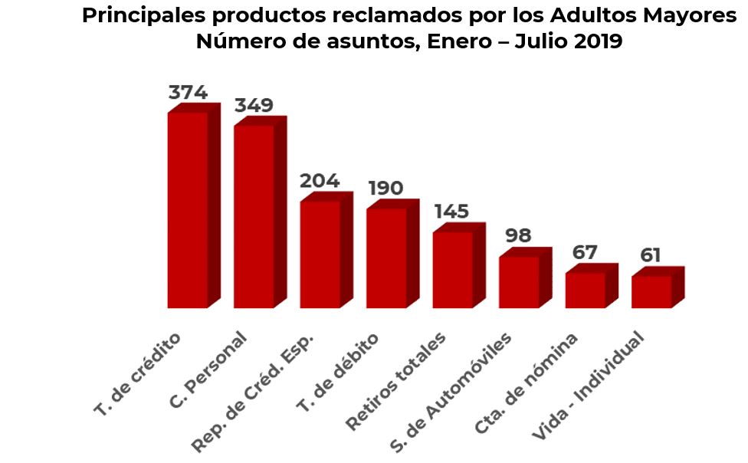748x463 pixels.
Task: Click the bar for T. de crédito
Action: click(188, 210)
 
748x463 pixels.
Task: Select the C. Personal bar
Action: click(254, 216)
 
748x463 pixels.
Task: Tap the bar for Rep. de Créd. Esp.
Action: click(320, 254)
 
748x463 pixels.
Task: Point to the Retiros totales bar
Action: click(452, 270)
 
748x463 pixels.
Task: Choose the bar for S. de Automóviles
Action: click(519, 282)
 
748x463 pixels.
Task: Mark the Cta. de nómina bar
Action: click(586, 290)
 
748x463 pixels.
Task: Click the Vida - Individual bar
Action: click(651, 291)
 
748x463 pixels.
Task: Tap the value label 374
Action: click(188, 93)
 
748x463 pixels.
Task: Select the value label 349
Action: click(254, 105)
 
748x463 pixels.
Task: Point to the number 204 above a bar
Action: click(320, 181)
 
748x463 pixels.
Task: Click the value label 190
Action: click(385, 188)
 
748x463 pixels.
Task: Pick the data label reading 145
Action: click(451, 212)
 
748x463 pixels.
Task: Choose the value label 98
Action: click(518, 235)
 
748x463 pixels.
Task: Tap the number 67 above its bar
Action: click(585, 252)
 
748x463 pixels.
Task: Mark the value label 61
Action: click(651, 255)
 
